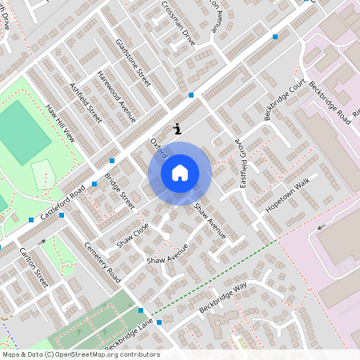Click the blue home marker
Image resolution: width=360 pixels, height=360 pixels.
180,173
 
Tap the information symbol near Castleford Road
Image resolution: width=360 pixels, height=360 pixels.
177,128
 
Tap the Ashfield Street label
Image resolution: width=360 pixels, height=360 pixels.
86,102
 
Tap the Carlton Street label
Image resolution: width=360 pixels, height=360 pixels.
34,267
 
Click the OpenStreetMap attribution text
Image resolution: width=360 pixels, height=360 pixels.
81,354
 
